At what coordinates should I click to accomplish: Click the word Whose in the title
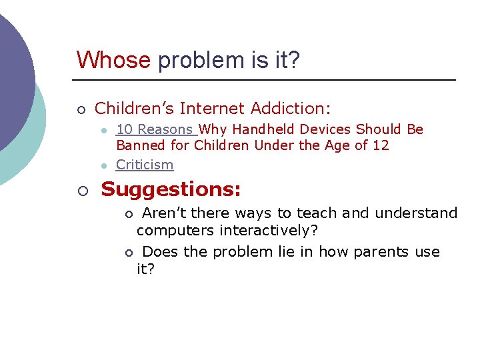coord(113,60)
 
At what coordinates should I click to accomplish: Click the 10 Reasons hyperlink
coord(155,129)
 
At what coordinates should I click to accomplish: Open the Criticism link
coord(145,165)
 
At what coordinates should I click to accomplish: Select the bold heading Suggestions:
coord(171,190)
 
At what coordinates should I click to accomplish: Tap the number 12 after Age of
coord(381,145)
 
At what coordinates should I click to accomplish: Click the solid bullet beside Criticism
coord(104,165)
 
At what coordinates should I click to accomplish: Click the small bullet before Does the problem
coord(129,253)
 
